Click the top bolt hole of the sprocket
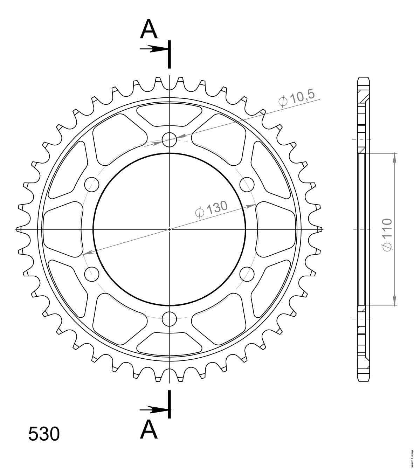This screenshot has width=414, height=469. coord(169,140)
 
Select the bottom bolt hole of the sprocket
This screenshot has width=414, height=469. coord(169,319)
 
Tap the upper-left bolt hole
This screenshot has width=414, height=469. coord(92,185)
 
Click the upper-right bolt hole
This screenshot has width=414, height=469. coord(247,185)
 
